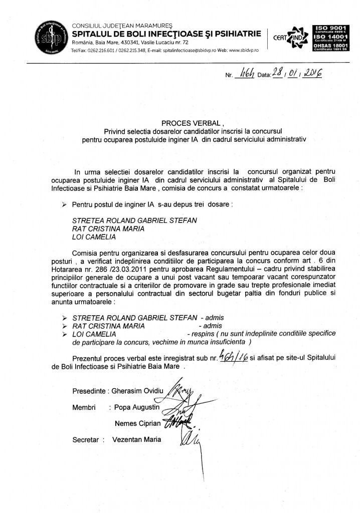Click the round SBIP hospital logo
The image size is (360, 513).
coord(48,37)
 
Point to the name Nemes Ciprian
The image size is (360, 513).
coord(138,423)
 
